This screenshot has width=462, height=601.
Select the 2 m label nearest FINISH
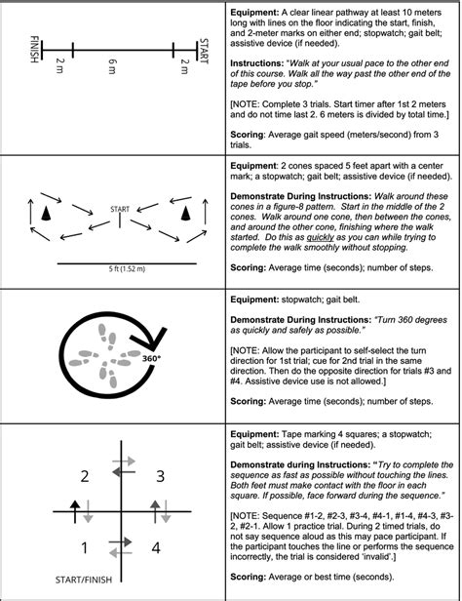point(60,67)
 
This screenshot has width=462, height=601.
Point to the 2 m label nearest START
point(184,67)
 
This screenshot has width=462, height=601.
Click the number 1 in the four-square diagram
point(85,546)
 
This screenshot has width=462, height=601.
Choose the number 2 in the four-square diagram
point(85,475)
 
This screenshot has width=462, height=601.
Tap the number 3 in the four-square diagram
point(160,475)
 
